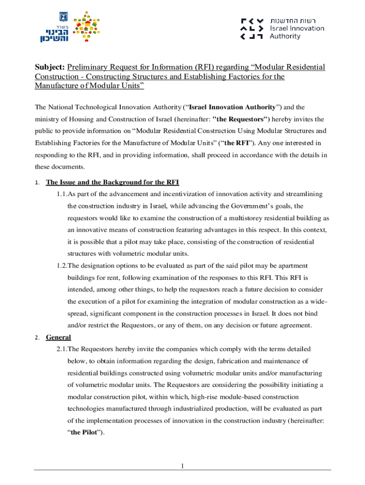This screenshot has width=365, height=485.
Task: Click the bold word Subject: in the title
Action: point(49,67)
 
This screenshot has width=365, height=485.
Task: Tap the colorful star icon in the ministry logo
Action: point(88,27)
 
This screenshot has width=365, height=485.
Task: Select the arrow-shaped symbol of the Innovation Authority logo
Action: point(252,28)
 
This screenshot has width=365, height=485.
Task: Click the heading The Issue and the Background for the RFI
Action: point(112,182)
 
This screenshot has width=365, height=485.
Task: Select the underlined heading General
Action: point(58,337)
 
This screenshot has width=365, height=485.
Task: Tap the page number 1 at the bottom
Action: point(182,467)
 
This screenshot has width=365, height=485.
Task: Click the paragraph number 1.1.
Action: point(61,194)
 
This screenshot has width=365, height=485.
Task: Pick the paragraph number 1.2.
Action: point(61,266)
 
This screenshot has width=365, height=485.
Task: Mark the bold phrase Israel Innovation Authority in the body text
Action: point(232,107)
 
